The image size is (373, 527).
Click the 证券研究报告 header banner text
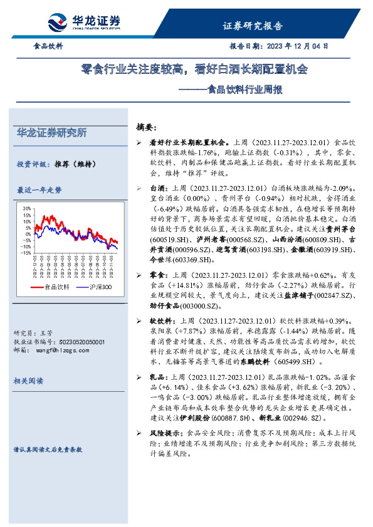253,26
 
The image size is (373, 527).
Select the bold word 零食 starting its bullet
157,276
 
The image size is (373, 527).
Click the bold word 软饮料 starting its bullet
160,320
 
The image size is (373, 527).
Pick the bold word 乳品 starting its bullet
157,377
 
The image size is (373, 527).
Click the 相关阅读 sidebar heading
30,381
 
